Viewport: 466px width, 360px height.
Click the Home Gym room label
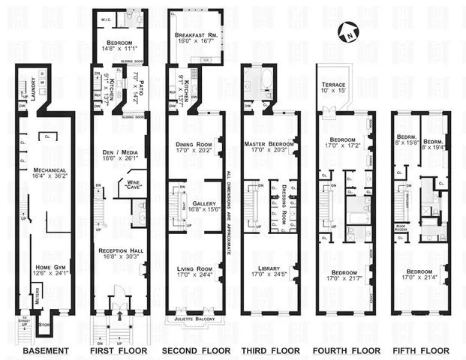(x=50, y=268)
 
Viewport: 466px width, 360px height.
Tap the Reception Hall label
(x=119, y=252)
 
